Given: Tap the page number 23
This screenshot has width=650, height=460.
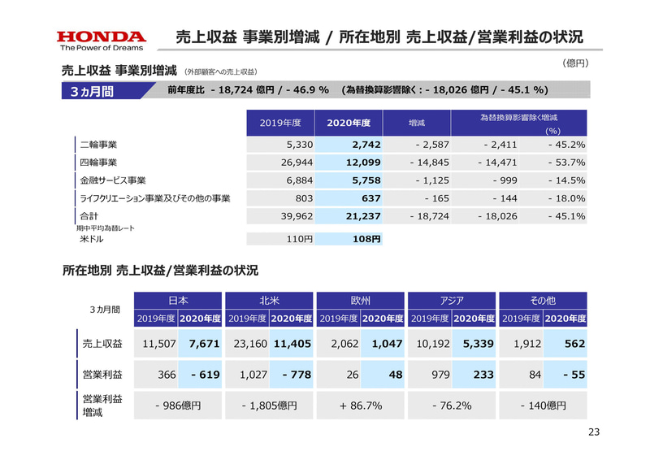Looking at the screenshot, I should (593, 432).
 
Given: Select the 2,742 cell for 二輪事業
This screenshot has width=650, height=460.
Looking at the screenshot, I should (356, 144).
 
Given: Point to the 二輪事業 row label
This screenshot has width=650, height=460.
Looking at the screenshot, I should (99, 144).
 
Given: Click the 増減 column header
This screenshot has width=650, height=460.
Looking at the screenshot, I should (417, 123).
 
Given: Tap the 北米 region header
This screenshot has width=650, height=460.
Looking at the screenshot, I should (270, 299).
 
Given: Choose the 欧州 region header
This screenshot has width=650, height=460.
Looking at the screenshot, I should (361, 299).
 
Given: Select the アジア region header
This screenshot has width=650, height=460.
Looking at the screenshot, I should (452, 299).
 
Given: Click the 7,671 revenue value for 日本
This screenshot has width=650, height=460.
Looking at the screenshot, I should (204, 344).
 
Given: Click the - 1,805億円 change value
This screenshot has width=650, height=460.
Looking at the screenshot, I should (270, 405).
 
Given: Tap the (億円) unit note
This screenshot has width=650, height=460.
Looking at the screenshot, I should (574, 63).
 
